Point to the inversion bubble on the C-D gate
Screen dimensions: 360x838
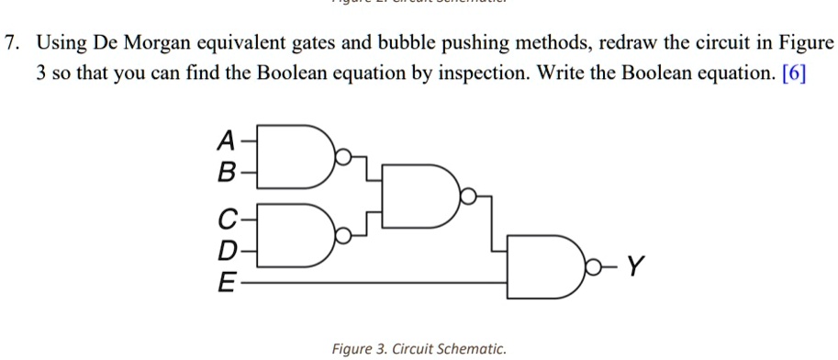pyautogui.click(x=342, y=237)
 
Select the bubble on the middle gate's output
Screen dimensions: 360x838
pyautogui.click(x=468, y=196)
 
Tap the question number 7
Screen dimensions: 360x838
pyautogui.click(x=11, y=43)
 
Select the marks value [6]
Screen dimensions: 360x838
pyautogui.click(x=794, y=73)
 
